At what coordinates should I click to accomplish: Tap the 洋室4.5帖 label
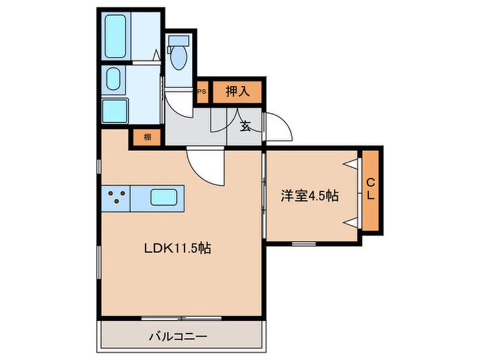(310, 196)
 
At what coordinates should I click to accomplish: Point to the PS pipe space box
(202, 91)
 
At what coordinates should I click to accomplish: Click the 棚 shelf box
(147, 137)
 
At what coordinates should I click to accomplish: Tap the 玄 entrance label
(246, 127)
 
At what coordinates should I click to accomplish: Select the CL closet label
(370, 189)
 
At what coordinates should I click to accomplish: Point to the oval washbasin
(113, 80)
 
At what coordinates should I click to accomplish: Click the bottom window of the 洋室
(304, 244)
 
